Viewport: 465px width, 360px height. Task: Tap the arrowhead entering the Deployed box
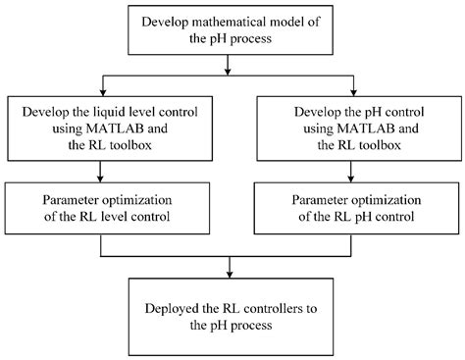(231, 273)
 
